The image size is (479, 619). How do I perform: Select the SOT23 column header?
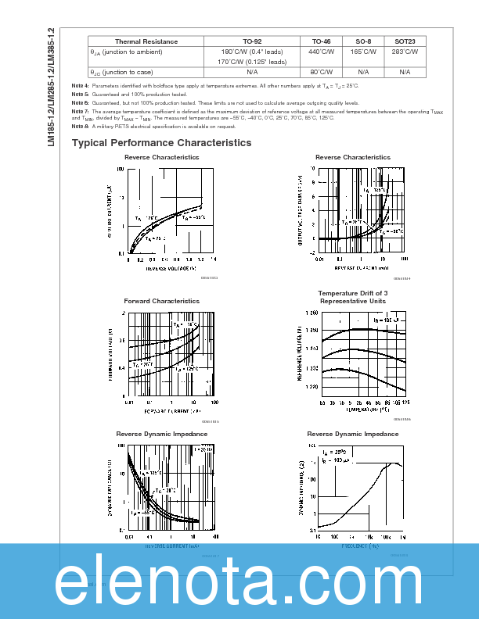(x=405, y=41)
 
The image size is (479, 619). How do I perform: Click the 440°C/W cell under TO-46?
(x=322, y=52)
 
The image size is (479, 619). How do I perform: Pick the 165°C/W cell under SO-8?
(x=364, y=52)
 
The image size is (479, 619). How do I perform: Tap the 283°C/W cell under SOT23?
(x=405, y=52)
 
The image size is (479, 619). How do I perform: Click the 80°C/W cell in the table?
(x=322, y=71)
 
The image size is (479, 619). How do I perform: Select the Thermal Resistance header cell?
(x=146, y=41)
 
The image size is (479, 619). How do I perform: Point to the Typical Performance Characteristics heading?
(x=161, y=143)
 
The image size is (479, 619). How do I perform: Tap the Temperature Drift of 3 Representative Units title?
(x=352, y=297)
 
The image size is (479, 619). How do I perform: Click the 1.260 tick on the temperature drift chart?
(x=311, y=313)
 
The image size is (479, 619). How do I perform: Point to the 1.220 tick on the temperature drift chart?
(x=311, y=387)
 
